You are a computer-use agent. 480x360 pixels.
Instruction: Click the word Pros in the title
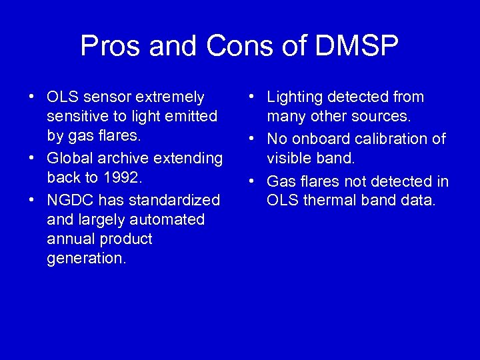point(110,47)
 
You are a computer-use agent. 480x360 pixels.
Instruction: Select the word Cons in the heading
point(243,47)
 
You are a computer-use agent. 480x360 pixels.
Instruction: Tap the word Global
point(69,159)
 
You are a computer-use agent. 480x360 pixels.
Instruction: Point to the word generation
point(86,259)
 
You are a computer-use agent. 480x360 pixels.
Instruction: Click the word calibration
point(395,139)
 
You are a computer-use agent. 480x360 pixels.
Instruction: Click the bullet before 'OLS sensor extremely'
point(32,97)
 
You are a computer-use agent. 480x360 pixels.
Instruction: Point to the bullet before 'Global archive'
point(32,159)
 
